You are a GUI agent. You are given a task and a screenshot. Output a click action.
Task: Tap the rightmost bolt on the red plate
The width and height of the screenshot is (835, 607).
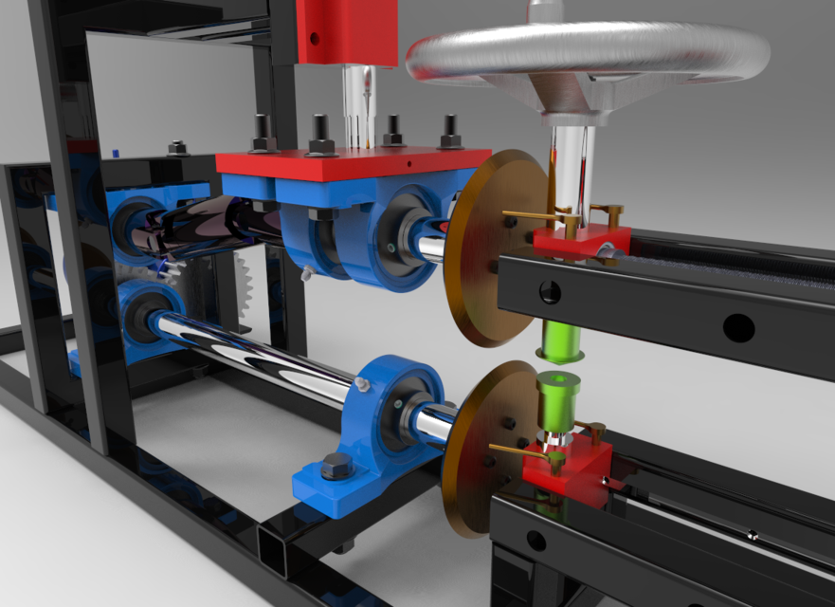(x=450, y=130)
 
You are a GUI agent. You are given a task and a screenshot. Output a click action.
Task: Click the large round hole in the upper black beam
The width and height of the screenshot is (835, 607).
(x=738, y=328)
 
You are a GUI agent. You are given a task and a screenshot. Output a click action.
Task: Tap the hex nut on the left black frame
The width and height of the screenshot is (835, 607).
(x=177, y=148)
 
